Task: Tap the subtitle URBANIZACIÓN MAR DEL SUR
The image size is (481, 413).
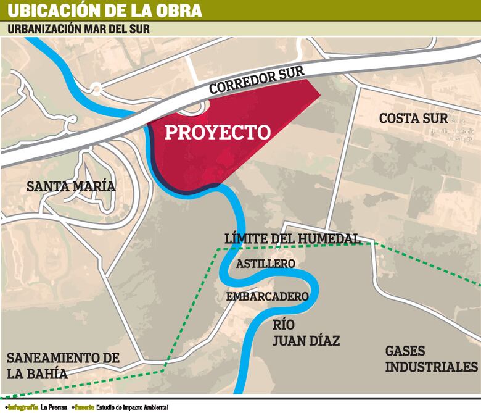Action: [x=78, y=29]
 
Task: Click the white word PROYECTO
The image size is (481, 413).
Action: [x=218, y=132]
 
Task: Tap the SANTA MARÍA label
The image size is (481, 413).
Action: [x=71, y=186]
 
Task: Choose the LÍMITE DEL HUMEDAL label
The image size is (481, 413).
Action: [x=292, y=239]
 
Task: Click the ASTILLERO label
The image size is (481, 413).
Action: [x=266, y=264]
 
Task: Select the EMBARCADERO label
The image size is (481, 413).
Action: [x=267, y=297]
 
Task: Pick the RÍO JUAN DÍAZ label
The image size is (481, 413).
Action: [x=306, y=333]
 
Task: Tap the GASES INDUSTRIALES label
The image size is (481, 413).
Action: [x=432, y=359]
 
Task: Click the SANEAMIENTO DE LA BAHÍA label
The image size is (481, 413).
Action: [x=62, y=365]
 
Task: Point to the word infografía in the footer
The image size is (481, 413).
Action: [x=22, y=407]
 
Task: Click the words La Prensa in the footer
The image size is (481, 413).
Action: [x=54, y=407]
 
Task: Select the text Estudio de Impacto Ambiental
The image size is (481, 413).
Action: [x=131, y=407]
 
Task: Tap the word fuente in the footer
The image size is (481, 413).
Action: [x=84, y=407]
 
